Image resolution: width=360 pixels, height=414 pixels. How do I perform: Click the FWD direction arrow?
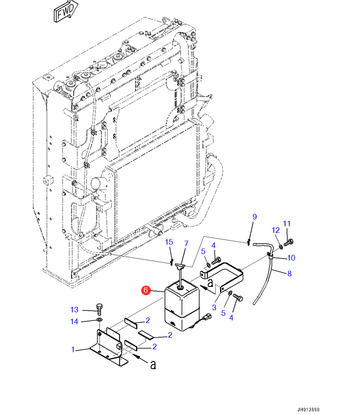tap(66, 11)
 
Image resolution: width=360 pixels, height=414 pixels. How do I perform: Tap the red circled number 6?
tap(146, 290)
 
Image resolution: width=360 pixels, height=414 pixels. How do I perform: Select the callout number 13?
tap(74, 309)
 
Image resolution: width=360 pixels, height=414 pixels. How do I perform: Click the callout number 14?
tap(74, 321)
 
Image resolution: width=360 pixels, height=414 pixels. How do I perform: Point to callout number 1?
tap(73, 349)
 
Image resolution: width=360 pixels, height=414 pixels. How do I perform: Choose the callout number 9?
tap(255, 217)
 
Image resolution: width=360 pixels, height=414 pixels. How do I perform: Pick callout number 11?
tap(286, 224)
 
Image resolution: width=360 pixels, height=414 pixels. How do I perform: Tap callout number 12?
tap(276, 230)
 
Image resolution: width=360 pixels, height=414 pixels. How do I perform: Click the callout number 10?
tap(291, 258)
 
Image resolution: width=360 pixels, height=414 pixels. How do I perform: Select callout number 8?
tap(290, 273)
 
